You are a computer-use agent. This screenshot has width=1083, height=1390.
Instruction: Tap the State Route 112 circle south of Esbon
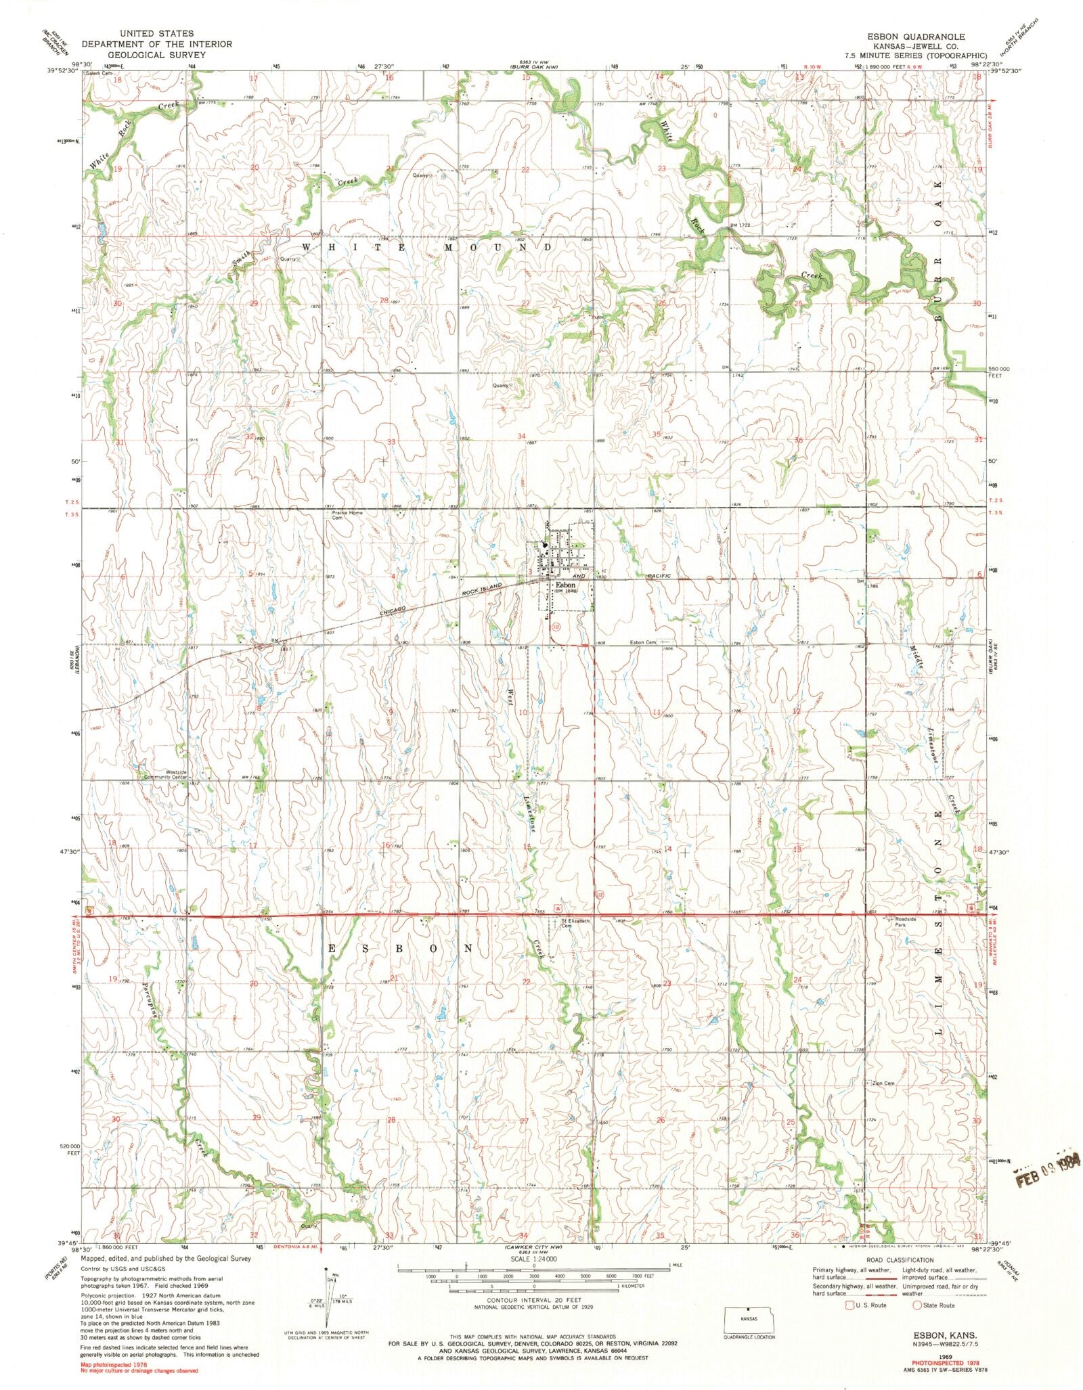point(556,627)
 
